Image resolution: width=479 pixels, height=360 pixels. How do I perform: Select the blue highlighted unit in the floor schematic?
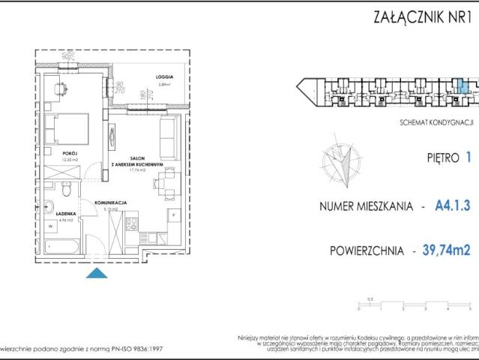[x=463, y=86]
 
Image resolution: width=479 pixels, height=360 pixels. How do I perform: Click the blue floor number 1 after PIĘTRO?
[x=468, y=158]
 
